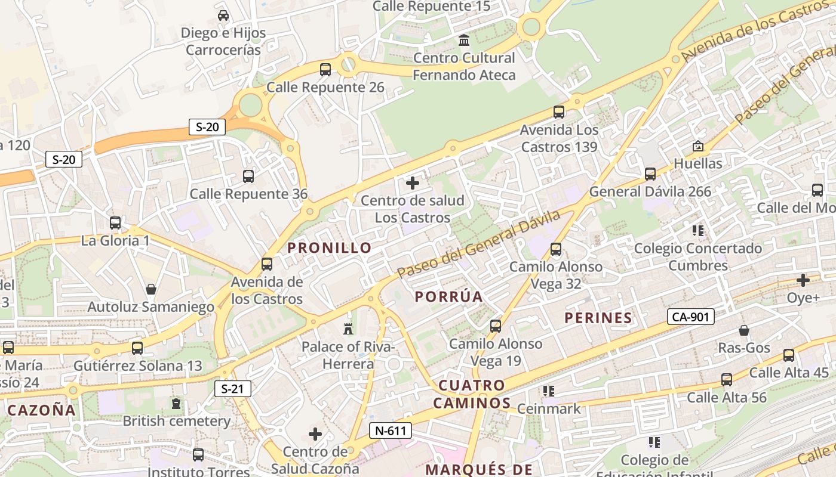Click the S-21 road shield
233,389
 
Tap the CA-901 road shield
691,317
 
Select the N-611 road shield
391,430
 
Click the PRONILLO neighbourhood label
330,248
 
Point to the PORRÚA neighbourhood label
449,296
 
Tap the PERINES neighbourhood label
598,318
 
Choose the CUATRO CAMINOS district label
472,394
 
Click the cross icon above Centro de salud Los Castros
413,183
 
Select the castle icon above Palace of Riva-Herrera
348,329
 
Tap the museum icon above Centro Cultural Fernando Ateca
464,41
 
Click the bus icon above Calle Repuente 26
325,70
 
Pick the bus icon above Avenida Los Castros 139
559,112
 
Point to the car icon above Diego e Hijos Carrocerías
223,16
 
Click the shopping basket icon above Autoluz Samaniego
151,289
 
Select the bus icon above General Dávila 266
650,174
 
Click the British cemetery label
177,421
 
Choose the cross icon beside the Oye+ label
803,280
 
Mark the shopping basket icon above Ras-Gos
744,330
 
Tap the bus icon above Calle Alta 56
727,380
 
